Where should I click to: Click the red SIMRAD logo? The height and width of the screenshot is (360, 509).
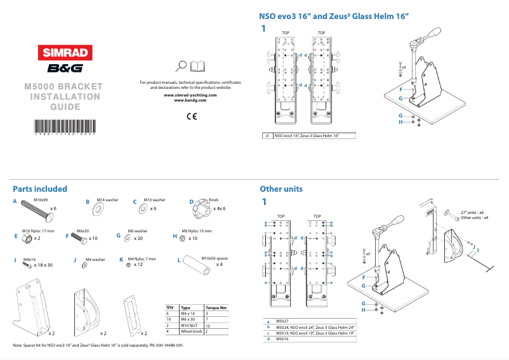point(63,53)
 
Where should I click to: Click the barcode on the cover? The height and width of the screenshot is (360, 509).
point(63,124)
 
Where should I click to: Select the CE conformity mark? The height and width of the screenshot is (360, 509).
point(192,116)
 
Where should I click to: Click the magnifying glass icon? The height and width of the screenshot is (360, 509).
point(182,65)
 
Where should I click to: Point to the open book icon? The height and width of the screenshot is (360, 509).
point(198,65)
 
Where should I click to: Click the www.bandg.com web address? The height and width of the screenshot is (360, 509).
point(191,100)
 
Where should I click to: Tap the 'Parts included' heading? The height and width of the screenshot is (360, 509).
point(40,189)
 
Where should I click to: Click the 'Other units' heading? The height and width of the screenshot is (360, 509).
point(281,189)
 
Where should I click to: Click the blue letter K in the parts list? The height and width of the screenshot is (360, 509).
point(121,260)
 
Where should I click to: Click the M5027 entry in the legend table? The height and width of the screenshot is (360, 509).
point(282,322)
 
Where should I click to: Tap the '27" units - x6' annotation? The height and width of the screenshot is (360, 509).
point(473,212)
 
